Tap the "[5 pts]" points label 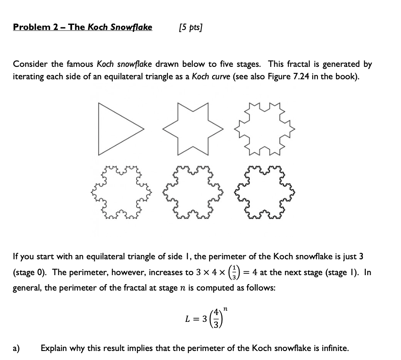(190, 28)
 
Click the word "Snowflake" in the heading (132, 27)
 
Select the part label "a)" (17, 348)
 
